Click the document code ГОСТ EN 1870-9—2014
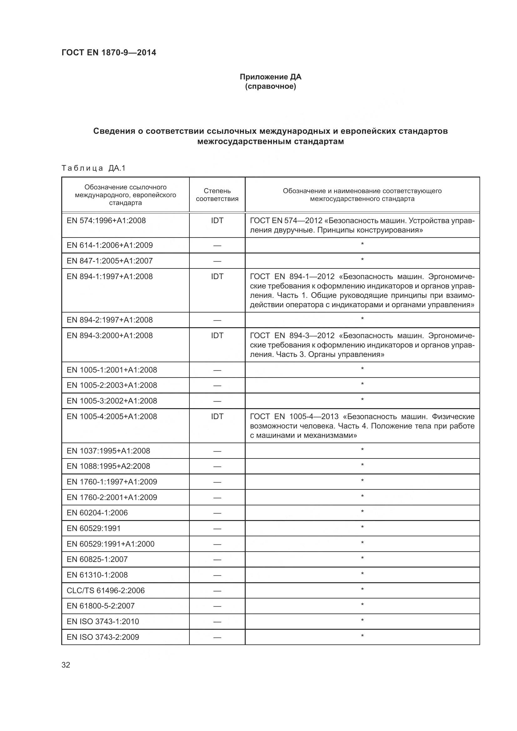tap(108, 53)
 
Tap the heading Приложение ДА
tap(270, 77)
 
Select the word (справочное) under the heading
tap(270, 86)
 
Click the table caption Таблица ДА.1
tap(93, 168)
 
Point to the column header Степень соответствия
tap(217, 194)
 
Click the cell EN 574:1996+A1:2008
tap(106, 220)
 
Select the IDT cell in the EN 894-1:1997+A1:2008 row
tap(217, 276)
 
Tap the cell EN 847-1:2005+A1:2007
tap(109, 261)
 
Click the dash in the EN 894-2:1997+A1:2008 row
tap(217, 320)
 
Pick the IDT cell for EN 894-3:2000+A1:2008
tap(217, 335)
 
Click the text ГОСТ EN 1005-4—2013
tap(294, 416)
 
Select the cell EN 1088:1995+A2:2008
tap(108, 466)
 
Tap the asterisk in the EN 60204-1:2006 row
tap(362, 512)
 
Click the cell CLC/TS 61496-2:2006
tap(105, 591)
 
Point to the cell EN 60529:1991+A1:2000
tap(110, 544)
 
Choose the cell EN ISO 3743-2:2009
tap(103, 637)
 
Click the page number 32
tap(66, 665)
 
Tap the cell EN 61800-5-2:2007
tap(101, 606)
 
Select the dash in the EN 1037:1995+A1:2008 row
tap(217, 451)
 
